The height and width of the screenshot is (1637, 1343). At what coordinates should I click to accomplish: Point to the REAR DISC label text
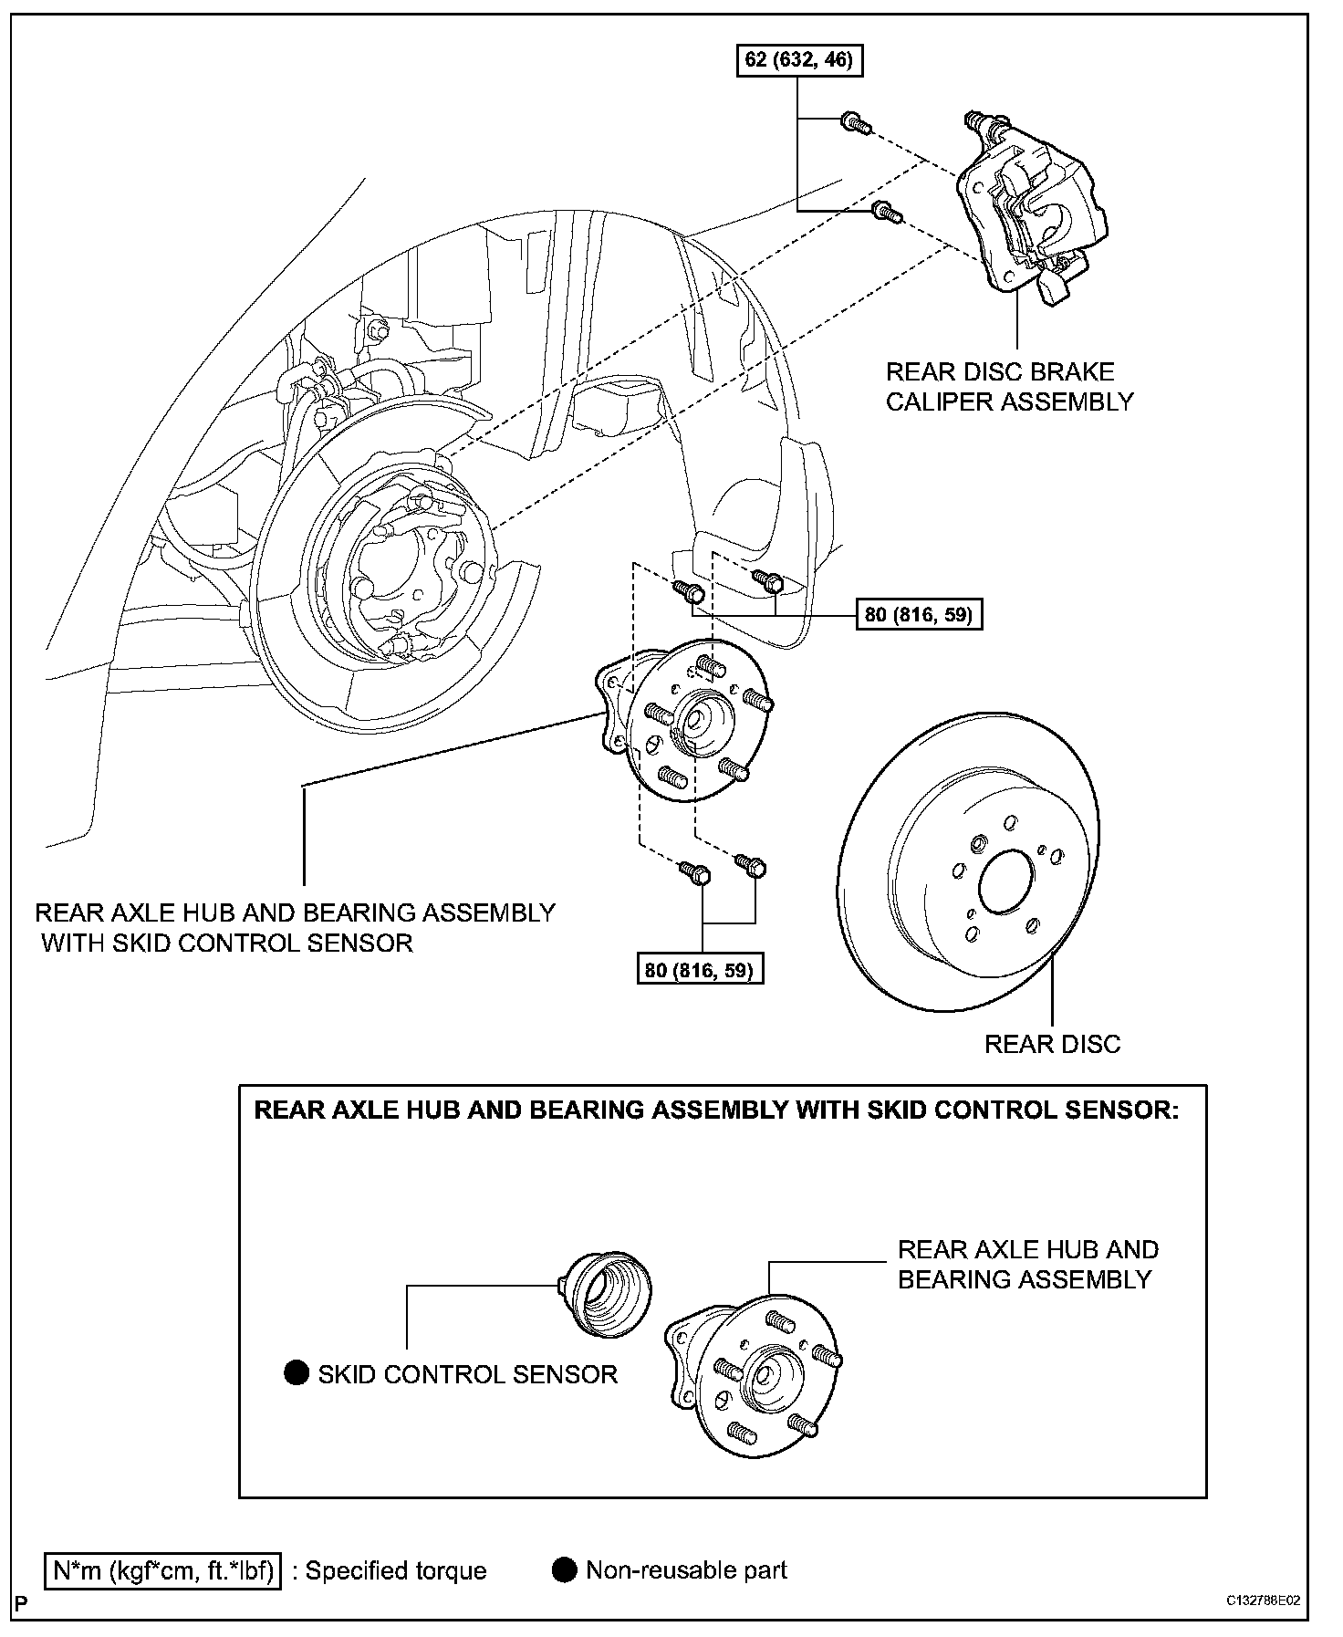(x=1052, y=1044)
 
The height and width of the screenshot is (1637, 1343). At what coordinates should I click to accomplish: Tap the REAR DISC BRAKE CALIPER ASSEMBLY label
(x=1009, y=387)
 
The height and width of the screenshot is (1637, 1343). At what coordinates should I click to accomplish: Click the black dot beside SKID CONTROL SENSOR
(x=297, y=1373)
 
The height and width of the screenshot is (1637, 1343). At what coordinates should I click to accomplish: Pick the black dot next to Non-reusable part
(x=565, y=1570)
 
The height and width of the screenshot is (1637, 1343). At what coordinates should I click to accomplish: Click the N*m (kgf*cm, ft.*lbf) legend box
(x=163, y=1571)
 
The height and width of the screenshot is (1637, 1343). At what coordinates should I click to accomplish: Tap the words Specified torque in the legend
(x=396, y=1571)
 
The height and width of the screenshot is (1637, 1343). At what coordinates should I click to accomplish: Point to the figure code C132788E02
(x=1263, y=1601)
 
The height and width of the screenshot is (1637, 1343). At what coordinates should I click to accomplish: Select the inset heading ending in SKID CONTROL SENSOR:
(x=716, y=1110)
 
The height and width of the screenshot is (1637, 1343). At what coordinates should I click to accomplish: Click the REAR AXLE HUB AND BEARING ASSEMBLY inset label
(x=1027, y=1264)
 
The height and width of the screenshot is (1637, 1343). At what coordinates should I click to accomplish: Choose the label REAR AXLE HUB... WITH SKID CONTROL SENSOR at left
(x=295, y=927)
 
